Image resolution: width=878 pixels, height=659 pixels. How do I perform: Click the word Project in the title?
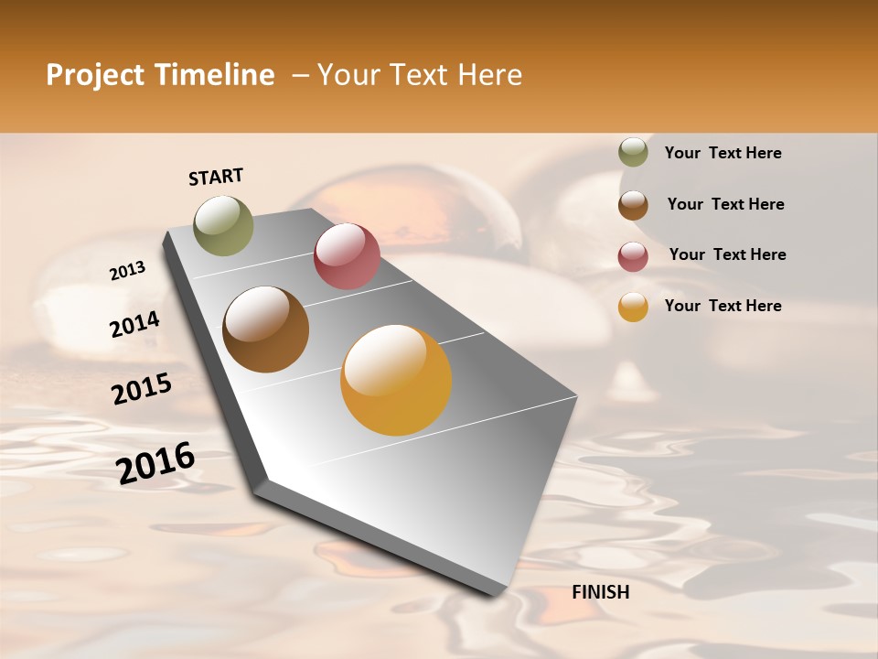pyautogui.click(x=95, y=76)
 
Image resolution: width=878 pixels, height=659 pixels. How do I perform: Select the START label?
pyautogui.click(x=216, y=177)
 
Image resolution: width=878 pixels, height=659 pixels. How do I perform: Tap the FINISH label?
pyautogui.click(x=601, y=592)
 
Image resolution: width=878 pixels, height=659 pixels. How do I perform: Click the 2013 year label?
pyautogui.click(x=127, y=271)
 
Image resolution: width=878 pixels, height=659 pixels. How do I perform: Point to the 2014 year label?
pyautogui.click(x=134, y=324)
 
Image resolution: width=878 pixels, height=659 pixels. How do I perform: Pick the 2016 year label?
pyautogui.click(x=155, y=463)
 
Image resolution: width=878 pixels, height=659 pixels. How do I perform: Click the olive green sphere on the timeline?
pyautogui.click(x=224, y=225)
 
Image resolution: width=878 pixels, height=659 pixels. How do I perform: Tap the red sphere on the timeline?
pyautogui.click(x=347, y=256)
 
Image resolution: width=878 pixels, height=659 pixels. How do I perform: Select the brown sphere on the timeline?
pyautogui.click(x=265, y=329)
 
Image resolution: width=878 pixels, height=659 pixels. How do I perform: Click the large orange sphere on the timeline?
pyautogui.click(x=396, y=380)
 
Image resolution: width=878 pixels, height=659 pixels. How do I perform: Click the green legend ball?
pyautogui.click(x=633, y=153)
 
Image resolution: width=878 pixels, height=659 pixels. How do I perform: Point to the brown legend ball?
pyautogui.click(x=633, y=205)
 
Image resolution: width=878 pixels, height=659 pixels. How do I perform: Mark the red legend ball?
pyautogui.click(x=633, y=256)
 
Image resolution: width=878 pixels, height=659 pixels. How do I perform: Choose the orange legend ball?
pyautogui.click(x=633, y=307)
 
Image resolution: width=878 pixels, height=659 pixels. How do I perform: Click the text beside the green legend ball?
pyautogui.click(x=723, y=154)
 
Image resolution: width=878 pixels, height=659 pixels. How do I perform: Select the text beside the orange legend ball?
pyautogui.click(x=723, y=306)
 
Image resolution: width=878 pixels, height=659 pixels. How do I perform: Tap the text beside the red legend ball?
pyautogui.click(x=727, y=254)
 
